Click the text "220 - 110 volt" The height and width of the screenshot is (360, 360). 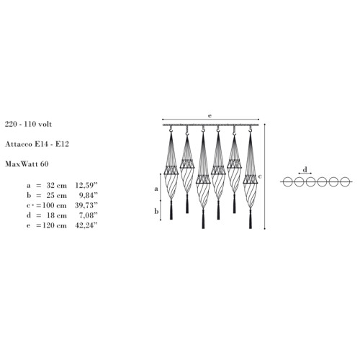[28, 124]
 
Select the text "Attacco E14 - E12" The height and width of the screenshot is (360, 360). [37, 144]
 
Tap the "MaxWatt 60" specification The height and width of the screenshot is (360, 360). [27, 164]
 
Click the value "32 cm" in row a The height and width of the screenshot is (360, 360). [57, 186]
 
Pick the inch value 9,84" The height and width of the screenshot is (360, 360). [88, 195]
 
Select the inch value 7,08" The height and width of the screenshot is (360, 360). [88, 215]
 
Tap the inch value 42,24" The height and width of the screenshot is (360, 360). [86, 225]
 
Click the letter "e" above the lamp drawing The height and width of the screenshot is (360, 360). [210, 116]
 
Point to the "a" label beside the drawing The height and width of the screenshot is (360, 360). [156, 189]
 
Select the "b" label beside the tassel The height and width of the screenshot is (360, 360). [156, 211]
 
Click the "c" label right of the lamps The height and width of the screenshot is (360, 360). [260, 176]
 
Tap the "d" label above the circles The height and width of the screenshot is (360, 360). [305, 170]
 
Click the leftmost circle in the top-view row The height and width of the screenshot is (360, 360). [287, 181]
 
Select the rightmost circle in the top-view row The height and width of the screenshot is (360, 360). [345, 181]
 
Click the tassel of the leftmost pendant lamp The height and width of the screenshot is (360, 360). [171, 210]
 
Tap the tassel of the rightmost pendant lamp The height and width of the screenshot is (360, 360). [251, 218]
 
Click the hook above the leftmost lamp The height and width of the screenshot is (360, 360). [171, 130]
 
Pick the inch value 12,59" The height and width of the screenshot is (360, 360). [86, 186]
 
